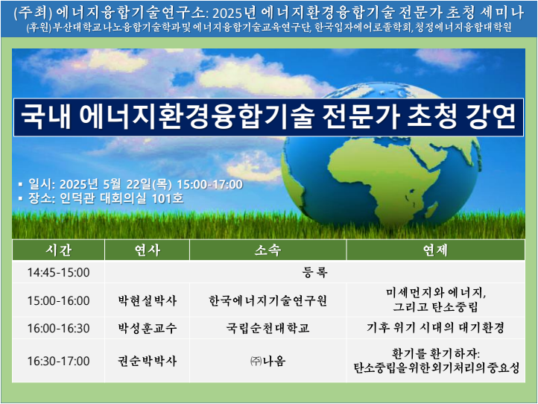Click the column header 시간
pos(58,250)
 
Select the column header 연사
pos(148,250)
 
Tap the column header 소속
pos(268,250)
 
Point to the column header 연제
pos(435,250)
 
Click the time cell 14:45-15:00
pos(58,273)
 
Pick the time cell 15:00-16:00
pos(58,300)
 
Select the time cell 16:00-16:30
pos(58,328)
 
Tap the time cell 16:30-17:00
pos(58,361)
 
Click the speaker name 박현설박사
pos(148,300)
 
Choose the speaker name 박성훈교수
pos(148,328)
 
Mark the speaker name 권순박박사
pos(148,361)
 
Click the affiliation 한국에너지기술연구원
pos(268,300)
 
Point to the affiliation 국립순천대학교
pos(268,328)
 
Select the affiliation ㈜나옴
pos(268,361)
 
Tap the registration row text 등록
pos(314,273)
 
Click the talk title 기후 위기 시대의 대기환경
pos(435,328)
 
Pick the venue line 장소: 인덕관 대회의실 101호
pos(106,198)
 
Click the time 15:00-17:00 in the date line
pos(209,184)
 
